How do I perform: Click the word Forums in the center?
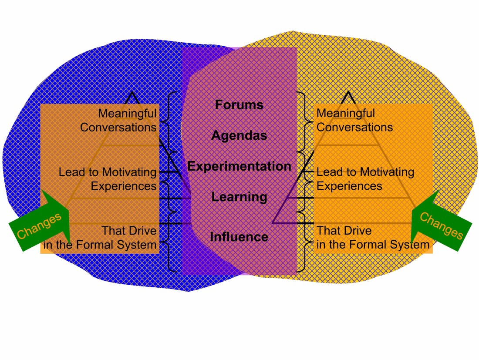[x=239, y=105]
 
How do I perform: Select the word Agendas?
[x=239, y=136]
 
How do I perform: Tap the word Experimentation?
[x=239, y=166]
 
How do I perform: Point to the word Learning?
[x=239, y=197]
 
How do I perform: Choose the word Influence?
[x=239, y=237]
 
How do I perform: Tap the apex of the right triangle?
[x=348, y=93]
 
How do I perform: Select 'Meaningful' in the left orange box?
[x=127, y=114]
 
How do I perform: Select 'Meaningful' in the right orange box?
[x=345, y=114]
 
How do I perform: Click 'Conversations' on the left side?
[x=118, y=128]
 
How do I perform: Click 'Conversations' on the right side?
[x=354, y=128]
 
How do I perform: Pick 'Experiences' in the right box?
[x=349, y=186]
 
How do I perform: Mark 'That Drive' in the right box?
[x=344, y=230]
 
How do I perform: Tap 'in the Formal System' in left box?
[x=100, y=245]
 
